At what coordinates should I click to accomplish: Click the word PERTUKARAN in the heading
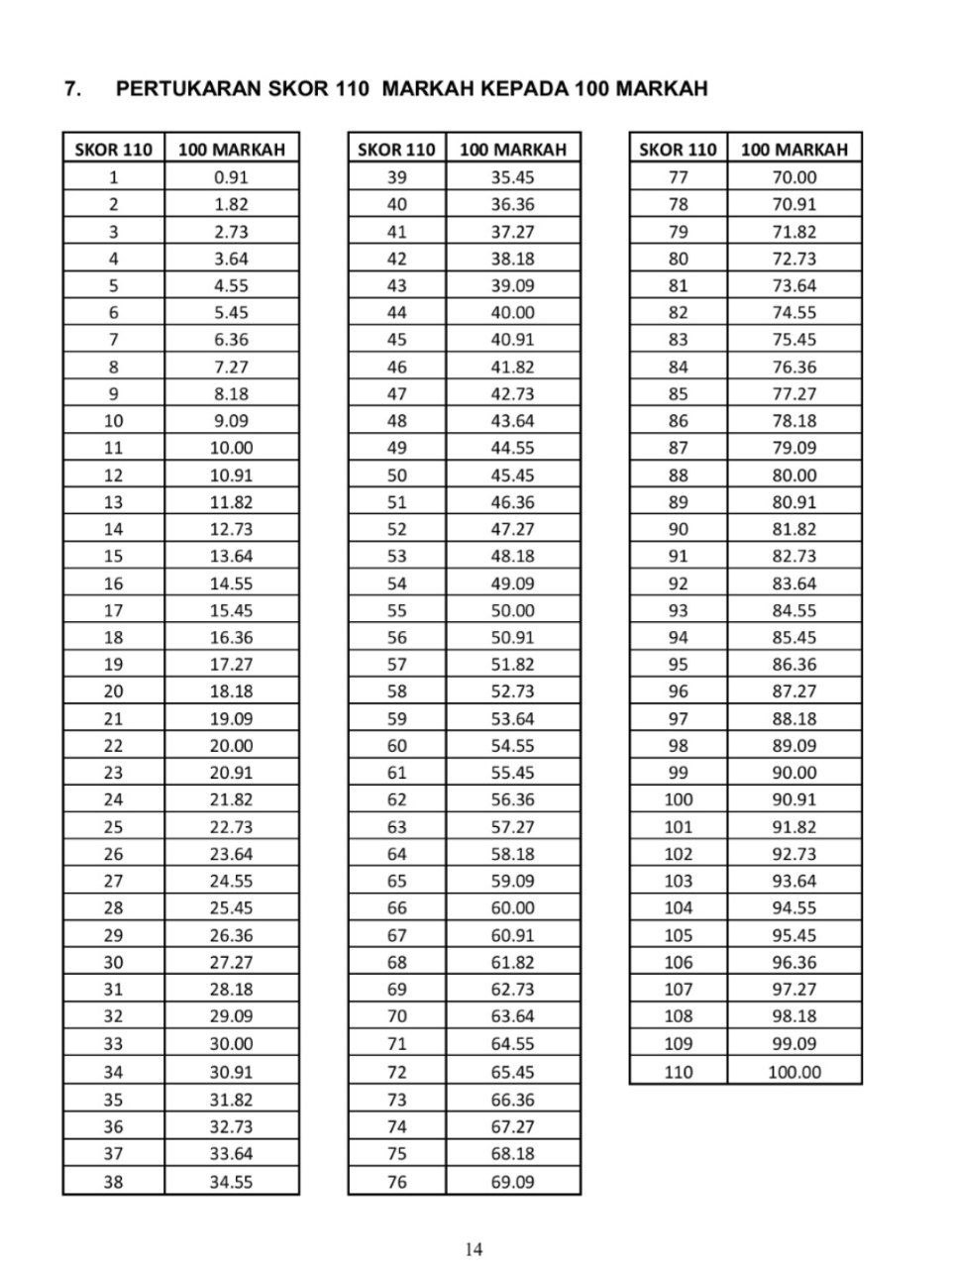(189, 89)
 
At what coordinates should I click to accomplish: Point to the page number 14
(475, 1249)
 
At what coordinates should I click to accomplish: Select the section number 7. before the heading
(72, 89)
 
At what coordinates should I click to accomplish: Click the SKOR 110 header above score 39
(396, 150)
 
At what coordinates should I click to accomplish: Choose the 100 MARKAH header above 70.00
(794, 150)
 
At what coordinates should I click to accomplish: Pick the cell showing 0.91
(231, 177)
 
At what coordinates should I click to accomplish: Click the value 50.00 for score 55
(512, 610)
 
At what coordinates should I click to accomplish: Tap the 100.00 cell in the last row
(794, 1071)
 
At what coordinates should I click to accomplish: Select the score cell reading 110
(679, 1071)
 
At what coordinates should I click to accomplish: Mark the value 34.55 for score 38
(231, 1181)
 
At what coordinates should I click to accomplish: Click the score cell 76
(396, 1181)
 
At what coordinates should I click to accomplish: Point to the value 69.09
(512, 1181)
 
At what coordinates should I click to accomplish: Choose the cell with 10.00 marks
(231, 448)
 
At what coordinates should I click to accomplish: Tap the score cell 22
(114, 745)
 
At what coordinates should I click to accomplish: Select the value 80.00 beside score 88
(794, 475)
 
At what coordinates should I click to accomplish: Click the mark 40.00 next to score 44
(512, 312)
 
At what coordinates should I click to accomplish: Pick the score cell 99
(679, 773)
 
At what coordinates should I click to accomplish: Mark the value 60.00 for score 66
(512, 907)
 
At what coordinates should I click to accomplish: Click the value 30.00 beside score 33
(231, 1043)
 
